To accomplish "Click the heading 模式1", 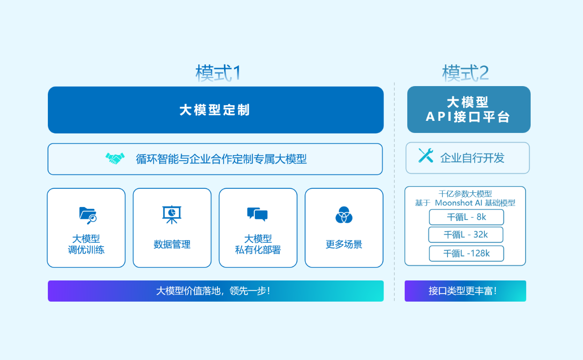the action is (x=218, y=74).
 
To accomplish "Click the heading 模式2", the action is (x=466, y=74).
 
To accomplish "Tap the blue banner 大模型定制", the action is (x=215, y=110).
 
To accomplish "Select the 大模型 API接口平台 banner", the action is (x=469, y=110).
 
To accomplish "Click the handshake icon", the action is (x=115, y=159).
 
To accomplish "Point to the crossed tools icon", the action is (x=426, y=156).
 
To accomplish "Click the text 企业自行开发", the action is (x=472, y=158).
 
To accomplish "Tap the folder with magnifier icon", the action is (x=88, y=215).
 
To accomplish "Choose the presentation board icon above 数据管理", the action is (x=172, y=214).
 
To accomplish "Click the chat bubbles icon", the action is (x=257, y=214).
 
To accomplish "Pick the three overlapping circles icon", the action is (x=344, y=215).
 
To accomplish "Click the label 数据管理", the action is (x=172, y=244).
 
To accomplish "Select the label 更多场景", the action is (x=344, y=244).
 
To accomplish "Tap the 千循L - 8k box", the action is (x=466, y=217).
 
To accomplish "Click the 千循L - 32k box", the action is (x=466, y=235).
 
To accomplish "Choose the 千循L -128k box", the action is (x=467, y=253).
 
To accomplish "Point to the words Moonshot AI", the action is (x=459, y=203).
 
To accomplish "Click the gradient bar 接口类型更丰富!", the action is (x=465, y=291).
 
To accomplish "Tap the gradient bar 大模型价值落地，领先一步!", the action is (x=215, y=291).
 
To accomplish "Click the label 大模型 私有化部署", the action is (x=258, y=244).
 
